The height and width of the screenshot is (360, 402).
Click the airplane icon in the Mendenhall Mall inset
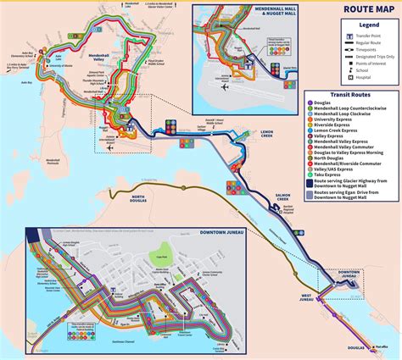(224, 86)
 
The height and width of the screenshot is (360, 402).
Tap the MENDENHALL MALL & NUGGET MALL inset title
(248, 14)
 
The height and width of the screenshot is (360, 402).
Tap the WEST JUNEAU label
(306, 297)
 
